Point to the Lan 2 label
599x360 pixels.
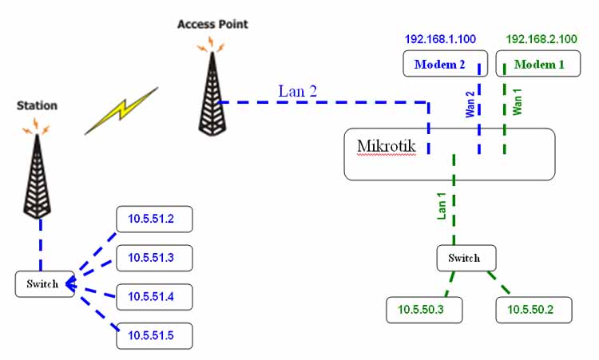click(x=298, y=90)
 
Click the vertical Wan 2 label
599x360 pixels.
click(x=470, y=105)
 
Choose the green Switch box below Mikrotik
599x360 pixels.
click(x=466, y=258)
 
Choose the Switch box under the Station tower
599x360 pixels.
click(x=45, y=285)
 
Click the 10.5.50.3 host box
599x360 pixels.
click(x=423, y=310)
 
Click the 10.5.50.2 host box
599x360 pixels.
click(x=534, y=310)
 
